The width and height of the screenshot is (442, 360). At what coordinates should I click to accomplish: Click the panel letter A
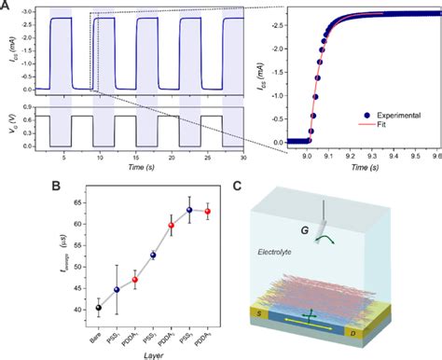pyautogui.click(x=7, y=7)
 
